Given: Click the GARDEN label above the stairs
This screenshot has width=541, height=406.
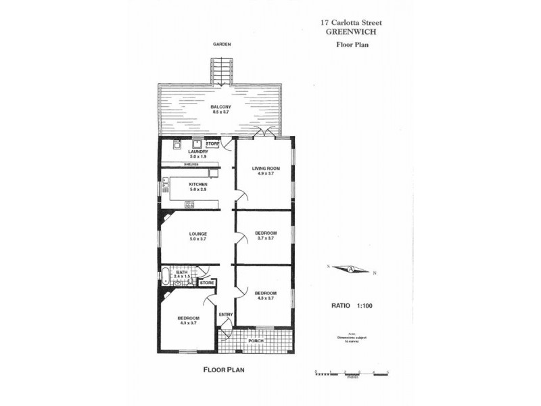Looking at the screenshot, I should (x=222, y=44).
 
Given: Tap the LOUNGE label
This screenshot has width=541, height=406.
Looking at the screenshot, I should (x=197, y=233).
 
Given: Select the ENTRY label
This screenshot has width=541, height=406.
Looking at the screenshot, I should (x=226, y=314).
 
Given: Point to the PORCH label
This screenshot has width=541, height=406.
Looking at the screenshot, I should (x=256, y=341).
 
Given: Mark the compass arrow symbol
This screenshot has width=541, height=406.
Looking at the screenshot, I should (x=352, y=269).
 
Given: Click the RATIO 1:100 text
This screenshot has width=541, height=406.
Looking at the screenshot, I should (x=352, y=306).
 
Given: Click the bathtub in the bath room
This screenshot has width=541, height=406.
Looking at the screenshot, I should (x=164, y=274).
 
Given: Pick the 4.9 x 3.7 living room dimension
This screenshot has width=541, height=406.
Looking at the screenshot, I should (x=266, y=174).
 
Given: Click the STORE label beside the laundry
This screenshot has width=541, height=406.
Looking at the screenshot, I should (x=212, y=144).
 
